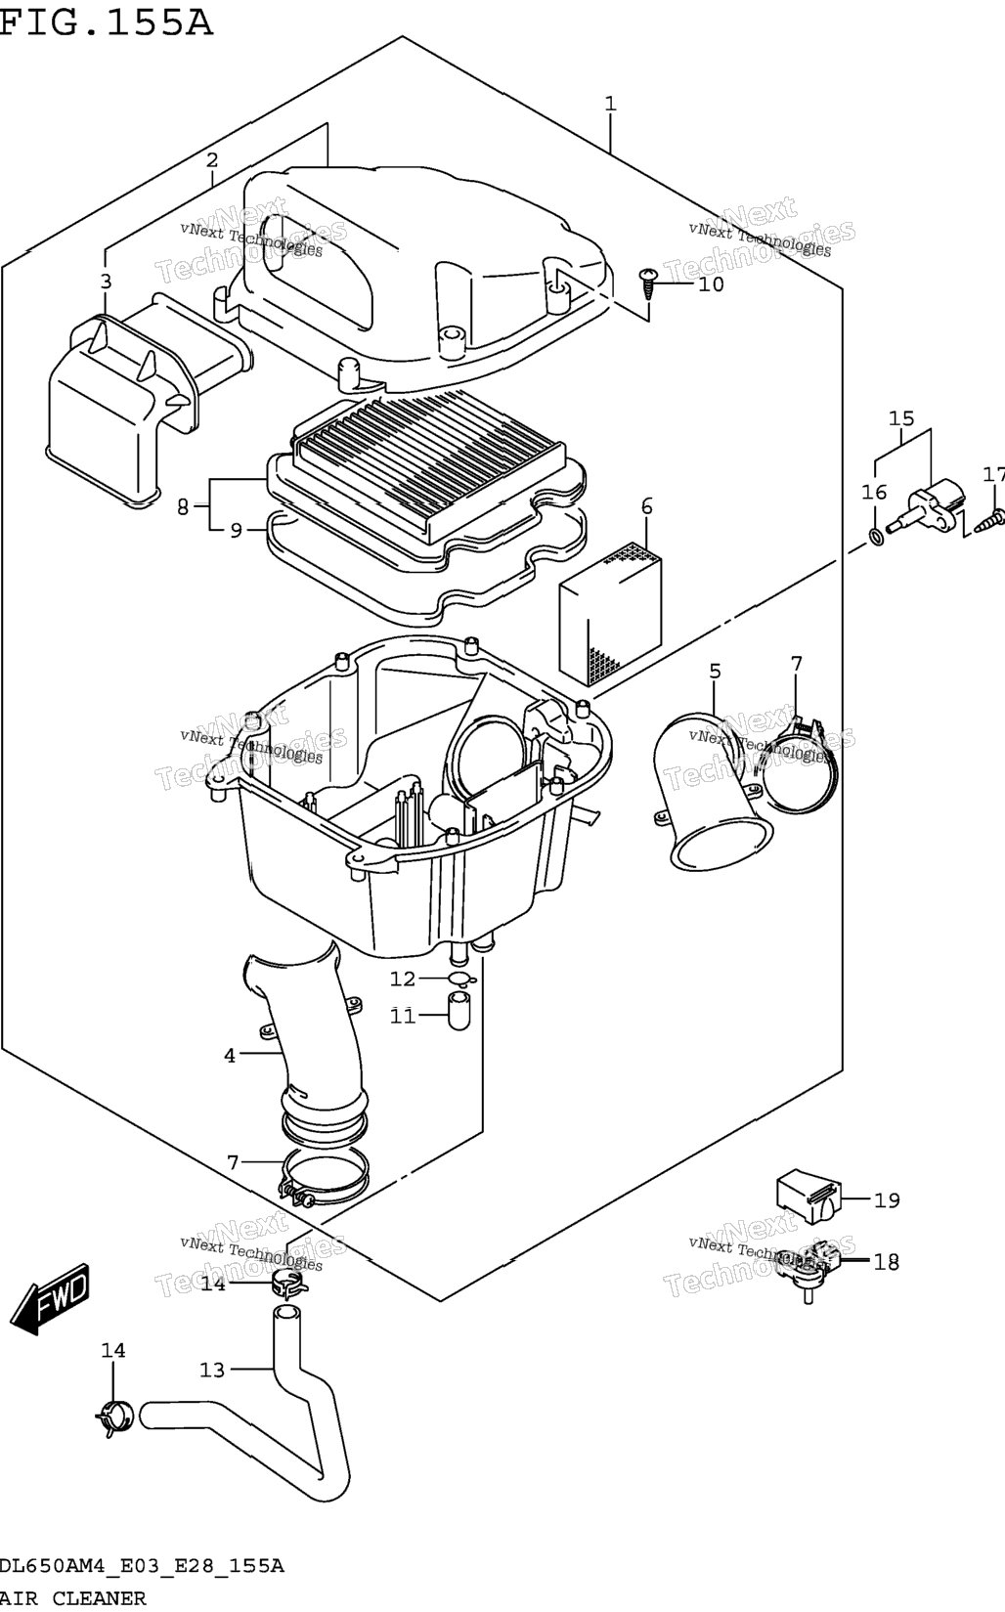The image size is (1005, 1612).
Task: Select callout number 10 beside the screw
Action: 711,284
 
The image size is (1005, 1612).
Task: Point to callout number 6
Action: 646,506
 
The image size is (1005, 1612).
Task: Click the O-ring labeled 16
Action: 875,536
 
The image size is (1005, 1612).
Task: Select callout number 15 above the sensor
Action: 901,418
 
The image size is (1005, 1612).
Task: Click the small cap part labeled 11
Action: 459,1011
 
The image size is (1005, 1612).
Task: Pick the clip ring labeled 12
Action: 461,979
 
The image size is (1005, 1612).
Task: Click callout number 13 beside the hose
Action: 211,1370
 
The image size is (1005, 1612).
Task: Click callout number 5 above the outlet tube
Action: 714,672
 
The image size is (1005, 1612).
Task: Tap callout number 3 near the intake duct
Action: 106,282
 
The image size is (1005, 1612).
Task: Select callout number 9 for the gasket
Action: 237,531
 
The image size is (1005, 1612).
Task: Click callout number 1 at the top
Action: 610,104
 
